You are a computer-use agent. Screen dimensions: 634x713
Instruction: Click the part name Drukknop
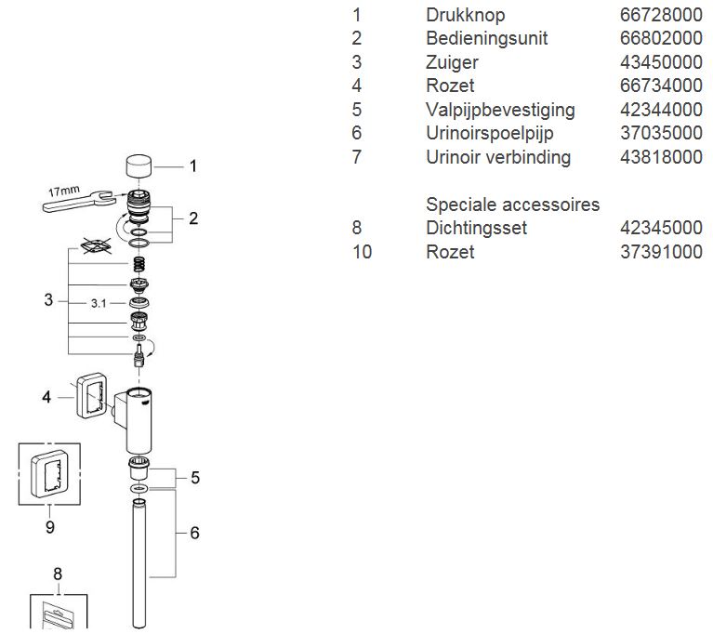point(465,15)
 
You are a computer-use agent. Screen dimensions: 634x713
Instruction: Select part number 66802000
point(661,38)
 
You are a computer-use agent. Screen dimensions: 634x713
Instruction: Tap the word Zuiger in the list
point(452,62)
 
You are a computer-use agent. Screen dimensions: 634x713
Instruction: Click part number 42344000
point(661,110)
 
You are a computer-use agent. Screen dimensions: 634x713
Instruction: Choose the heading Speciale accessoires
point(512,204)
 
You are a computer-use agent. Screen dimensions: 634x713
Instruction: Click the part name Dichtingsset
point(474,228)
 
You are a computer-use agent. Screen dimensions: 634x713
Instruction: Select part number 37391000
point(661,252)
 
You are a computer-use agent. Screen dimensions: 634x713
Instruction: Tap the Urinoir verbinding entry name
point(497,157)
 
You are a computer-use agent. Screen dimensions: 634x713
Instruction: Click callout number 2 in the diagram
point(192,219)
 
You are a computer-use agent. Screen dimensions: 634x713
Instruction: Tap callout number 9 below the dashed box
point(49,527)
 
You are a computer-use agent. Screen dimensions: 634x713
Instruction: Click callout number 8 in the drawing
point(58,573)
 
